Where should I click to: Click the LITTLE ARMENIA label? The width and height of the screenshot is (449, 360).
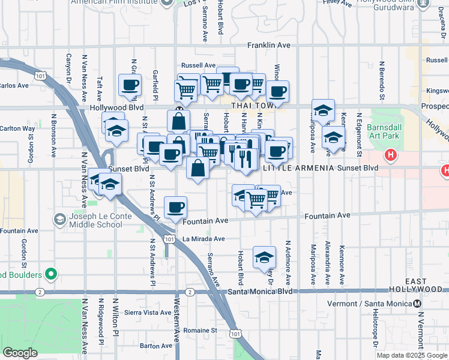pos(298,169)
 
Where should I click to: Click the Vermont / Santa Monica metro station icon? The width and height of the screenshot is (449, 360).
pos(417,303)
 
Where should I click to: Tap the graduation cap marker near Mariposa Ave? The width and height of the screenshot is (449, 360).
pos(323,110)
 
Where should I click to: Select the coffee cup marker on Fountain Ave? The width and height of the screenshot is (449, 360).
pos(176,208)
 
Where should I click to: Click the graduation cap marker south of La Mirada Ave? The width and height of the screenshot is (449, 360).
pos(264,257)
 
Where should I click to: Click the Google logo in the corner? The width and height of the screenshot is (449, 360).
pos(20,353)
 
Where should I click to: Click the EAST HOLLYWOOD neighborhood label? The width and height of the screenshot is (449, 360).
pos(424,286)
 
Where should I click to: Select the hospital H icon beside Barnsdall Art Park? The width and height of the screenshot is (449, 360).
pos(391,155)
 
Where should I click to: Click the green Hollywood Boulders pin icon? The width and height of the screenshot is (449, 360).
pos(51,275)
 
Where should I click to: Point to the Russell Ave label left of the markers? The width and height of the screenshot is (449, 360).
pos(198,65)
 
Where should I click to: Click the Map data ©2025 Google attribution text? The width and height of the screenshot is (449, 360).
pos(411,355)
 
